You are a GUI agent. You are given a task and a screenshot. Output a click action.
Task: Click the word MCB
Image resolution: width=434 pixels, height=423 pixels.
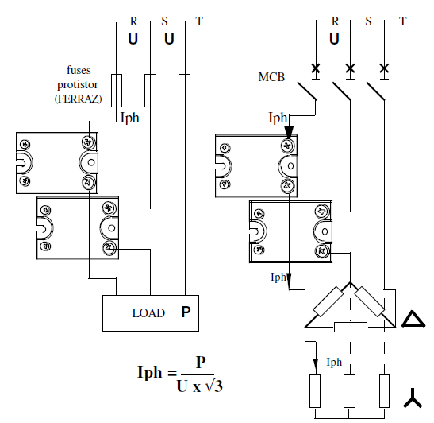click(271, 77)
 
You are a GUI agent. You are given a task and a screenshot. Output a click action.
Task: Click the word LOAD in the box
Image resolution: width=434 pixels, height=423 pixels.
click(148, 313)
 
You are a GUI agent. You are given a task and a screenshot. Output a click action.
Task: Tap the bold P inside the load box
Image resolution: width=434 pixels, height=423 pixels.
click(186, 312)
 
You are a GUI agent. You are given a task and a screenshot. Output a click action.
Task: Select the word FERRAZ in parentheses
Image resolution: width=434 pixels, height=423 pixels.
click(79, 99)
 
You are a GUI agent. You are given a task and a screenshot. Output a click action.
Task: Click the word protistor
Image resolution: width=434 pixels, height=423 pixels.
click(78, 84)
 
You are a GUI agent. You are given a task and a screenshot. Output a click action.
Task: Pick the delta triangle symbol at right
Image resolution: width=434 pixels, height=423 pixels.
click(413, 319)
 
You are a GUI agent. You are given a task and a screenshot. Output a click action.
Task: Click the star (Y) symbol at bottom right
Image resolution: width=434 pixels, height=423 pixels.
click(413, 398)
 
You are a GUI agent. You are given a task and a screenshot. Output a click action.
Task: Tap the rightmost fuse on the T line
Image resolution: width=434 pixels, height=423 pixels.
click(184, 91)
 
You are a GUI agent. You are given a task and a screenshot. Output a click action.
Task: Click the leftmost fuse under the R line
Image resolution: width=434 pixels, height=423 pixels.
click(117, 91)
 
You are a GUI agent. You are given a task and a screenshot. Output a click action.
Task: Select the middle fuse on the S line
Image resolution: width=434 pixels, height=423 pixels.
click(150, 91)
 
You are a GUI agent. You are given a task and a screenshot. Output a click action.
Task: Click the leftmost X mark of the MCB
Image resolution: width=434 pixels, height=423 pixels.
click(316, 68)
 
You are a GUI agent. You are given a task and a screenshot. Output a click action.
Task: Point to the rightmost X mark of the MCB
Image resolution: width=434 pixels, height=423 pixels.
click(384, 68)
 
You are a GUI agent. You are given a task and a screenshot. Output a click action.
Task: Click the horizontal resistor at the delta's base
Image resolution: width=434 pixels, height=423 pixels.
click(351, 327)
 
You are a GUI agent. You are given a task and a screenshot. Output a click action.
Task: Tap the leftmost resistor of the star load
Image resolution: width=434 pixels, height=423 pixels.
click(315, 391)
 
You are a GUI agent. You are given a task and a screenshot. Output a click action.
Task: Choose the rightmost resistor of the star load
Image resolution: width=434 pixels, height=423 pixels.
click(384, 391)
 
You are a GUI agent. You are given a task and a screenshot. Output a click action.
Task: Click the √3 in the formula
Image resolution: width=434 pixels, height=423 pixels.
click(213, 386)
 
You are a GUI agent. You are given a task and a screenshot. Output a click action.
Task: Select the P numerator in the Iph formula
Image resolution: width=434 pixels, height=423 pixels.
click(201, 363)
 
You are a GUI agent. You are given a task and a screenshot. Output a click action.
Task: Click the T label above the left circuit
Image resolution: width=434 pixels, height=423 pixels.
click(199, 21)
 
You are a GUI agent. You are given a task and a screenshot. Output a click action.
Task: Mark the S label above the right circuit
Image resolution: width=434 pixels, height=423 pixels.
click(368, 21)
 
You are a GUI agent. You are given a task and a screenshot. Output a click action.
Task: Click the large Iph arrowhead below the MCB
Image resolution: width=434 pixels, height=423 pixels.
click(289, 131)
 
